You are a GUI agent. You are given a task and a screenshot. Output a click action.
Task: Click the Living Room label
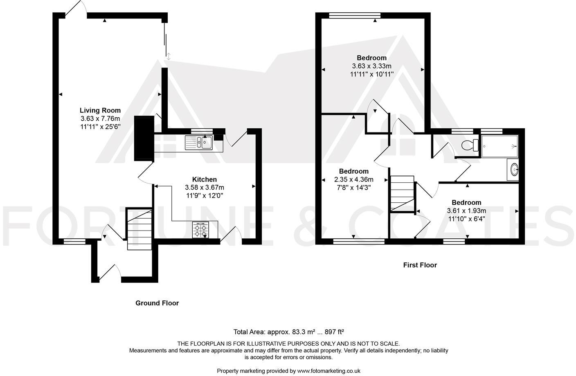tap(100, 110)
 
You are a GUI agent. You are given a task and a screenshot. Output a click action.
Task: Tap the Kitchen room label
tap(205, 179)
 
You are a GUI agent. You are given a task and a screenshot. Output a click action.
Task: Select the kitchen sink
tap(198, 143)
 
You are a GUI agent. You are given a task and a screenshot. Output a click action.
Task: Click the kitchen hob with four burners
tap(200, 229)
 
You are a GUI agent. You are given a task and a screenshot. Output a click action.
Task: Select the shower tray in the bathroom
tap(500, 146)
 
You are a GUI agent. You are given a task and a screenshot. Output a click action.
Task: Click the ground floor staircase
tap(139, 229)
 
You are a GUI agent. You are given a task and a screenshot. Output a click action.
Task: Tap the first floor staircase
tap(403, 194)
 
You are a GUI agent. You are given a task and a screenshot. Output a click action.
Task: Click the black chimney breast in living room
tap(144, 138)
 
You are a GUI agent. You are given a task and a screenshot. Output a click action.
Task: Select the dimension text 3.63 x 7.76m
tap(100, 119)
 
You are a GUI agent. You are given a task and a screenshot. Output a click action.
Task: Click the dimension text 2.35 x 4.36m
tap(354, 179)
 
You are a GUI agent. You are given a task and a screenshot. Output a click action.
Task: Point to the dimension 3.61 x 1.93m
tap(466, 211)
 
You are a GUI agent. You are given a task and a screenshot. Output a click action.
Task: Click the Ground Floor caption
tap(157, 303)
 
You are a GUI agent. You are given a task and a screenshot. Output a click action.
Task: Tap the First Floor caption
tap(420, 265)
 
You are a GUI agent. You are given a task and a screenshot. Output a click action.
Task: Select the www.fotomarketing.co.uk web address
tap(328, 371)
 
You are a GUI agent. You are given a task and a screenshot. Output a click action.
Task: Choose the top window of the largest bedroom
tap(355, 16)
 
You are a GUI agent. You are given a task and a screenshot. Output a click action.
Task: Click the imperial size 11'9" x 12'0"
tap(205, 196)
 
